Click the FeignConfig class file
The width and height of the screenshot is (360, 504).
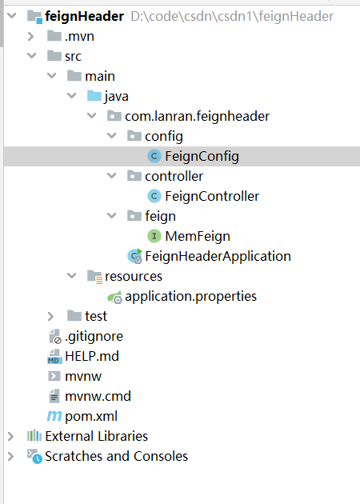202,156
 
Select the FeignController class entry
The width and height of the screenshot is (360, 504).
212,196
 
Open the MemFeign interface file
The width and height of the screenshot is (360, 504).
198,236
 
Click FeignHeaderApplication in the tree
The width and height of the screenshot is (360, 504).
218,256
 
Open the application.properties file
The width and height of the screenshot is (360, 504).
190,296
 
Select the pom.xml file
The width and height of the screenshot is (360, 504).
91,416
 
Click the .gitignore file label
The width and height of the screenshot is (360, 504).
94,337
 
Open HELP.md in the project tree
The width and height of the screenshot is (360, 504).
92,356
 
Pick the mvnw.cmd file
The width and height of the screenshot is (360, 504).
98,396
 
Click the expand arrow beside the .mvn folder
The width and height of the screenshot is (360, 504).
31,36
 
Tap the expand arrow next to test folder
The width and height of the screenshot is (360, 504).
50,316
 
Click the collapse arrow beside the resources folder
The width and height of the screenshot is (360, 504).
71,276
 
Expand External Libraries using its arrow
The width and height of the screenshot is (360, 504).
11,436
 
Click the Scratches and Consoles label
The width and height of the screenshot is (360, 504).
116,456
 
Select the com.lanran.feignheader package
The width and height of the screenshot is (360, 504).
197,116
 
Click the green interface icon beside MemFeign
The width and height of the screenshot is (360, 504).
154,236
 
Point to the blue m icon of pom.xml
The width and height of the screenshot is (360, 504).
54,416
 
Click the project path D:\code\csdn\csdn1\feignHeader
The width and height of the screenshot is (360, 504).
232,16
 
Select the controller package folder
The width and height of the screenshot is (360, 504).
174,176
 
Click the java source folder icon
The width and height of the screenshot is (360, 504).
94,96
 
